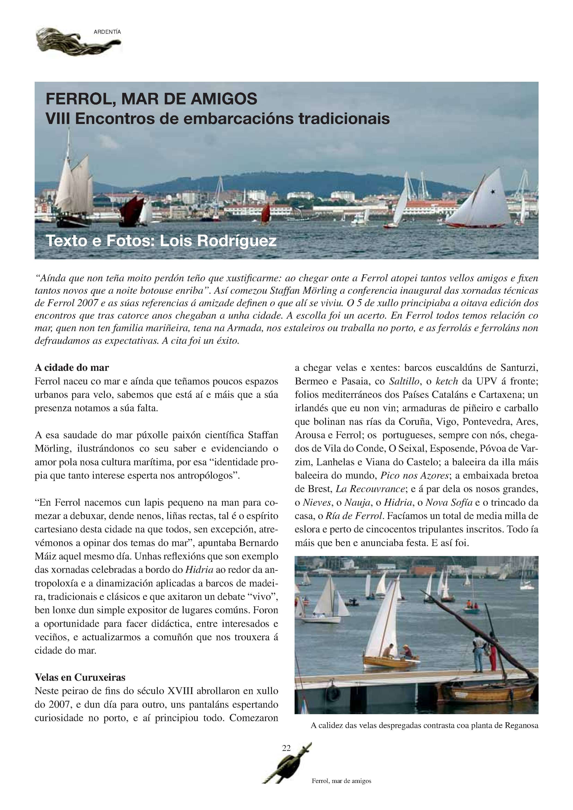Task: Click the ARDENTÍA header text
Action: pos(107,32)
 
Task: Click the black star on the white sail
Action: pos(492,192)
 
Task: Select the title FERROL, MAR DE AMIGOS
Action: pos(152,99)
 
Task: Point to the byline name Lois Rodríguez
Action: pos(218,241)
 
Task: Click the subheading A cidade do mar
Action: pos(72,368)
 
